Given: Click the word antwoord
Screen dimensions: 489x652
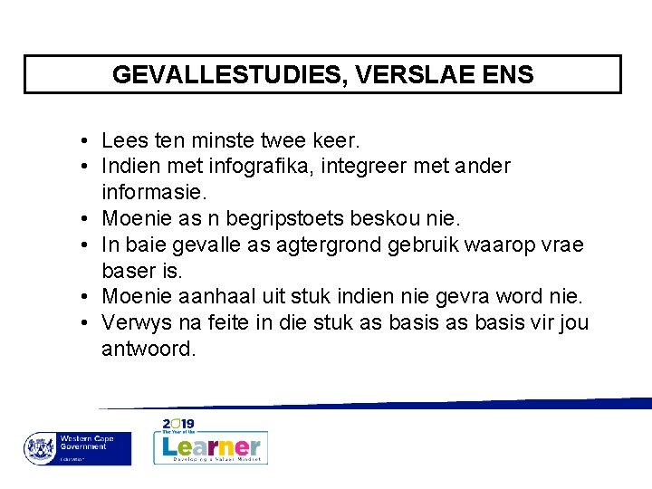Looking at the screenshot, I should click(148, 348).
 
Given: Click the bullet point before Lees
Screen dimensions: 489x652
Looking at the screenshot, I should click(82, 142).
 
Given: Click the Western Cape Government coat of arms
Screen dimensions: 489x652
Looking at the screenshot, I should click(39, 448).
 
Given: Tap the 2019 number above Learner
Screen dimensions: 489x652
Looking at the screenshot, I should click(179, 424).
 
